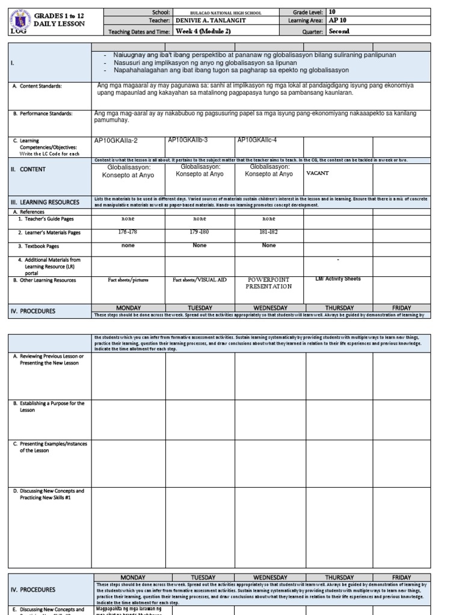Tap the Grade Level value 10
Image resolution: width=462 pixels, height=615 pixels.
(x=333, y=12)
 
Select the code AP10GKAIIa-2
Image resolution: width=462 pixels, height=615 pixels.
(x=116, y=141)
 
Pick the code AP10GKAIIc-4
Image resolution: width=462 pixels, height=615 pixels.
(x=257, y=140)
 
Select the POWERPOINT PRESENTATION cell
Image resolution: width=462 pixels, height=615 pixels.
(x=268, y=283)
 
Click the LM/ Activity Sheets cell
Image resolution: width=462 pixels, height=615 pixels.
(x=338, y=279)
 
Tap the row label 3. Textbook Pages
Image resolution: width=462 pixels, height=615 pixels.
(x=38, y=246)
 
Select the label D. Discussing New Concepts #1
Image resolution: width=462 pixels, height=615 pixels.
(x=49, y=494)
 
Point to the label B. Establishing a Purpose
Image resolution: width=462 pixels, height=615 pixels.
(x=49, y=407)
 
